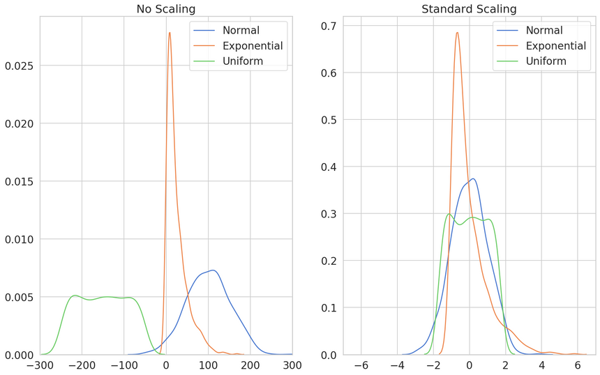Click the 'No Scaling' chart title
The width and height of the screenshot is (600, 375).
coord(166,9)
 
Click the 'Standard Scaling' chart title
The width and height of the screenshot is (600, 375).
coord(469,9)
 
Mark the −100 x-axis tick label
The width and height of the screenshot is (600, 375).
coord(124,365)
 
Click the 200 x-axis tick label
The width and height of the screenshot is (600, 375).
coord(250,365)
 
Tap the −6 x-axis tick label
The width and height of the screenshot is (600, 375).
coord(361,365)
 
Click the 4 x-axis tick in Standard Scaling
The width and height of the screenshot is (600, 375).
coord(541,365)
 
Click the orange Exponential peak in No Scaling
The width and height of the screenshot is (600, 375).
coord(169,33)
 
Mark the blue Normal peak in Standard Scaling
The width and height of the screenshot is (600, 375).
coord(473,178)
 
